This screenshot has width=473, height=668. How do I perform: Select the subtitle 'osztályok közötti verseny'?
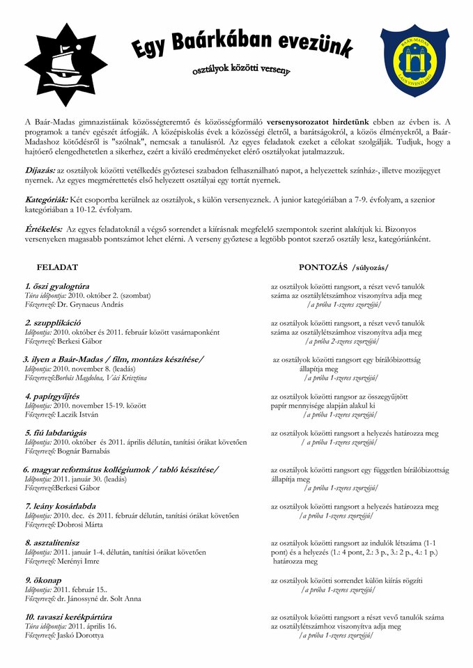click(242, 70)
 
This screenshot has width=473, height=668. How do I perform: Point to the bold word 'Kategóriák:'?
click(47, 200)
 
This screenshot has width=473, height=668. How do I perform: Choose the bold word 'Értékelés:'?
click(43, 229)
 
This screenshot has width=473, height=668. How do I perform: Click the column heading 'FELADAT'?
click(57, 267)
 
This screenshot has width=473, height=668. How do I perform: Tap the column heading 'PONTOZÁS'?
click(324, 267)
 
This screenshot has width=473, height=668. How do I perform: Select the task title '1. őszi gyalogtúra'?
click(57, 286)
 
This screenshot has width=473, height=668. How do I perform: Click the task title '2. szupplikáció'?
click(53, 323)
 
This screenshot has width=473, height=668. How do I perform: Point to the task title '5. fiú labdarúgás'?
click(59, 433)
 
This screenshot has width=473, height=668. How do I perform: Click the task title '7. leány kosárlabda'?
click(61, 506)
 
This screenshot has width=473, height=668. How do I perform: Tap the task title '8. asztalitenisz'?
click(52, 542)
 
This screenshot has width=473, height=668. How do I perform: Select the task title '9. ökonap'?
click(43, 580)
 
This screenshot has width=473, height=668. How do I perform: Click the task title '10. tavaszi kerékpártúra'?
click(68, 617)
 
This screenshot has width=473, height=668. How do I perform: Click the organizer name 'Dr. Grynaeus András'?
click(91, 304)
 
